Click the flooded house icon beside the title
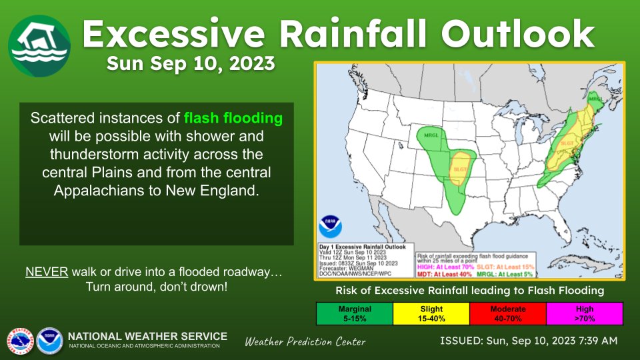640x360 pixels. (39, 45)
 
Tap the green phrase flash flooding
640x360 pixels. (233, 119)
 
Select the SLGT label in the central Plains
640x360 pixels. (460, 169)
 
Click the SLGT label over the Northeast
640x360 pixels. (567, 143)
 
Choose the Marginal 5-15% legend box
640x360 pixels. (354, 313)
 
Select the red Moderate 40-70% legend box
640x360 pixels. (507, 313)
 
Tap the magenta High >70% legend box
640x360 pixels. (585, 313)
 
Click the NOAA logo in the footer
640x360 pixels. (49, 340)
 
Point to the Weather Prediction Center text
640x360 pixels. (305, 342)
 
